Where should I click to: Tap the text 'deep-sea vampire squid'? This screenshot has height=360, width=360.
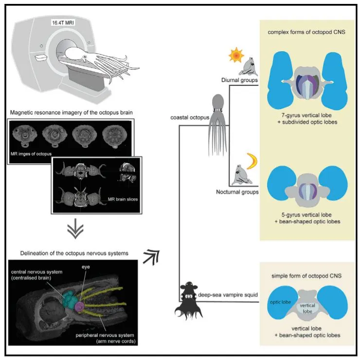(230, 294)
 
